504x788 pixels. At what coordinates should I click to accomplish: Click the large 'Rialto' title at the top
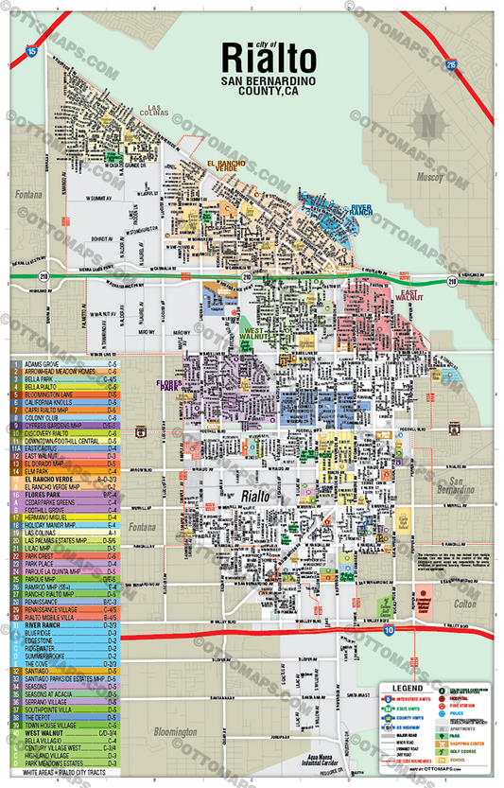(268, 59)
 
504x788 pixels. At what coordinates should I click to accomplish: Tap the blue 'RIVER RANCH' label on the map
(360, 209)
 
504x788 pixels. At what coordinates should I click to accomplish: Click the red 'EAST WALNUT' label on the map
(409, 295)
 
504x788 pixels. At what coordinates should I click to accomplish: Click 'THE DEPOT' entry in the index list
(42, 716)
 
